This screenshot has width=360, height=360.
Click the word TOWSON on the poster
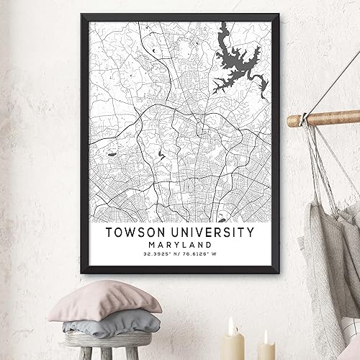coord(138,233)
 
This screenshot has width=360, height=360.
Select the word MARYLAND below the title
coord(179,245)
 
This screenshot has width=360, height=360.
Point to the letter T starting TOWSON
coord(109,233)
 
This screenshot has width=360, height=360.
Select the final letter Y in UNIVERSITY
coord(249,233)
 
